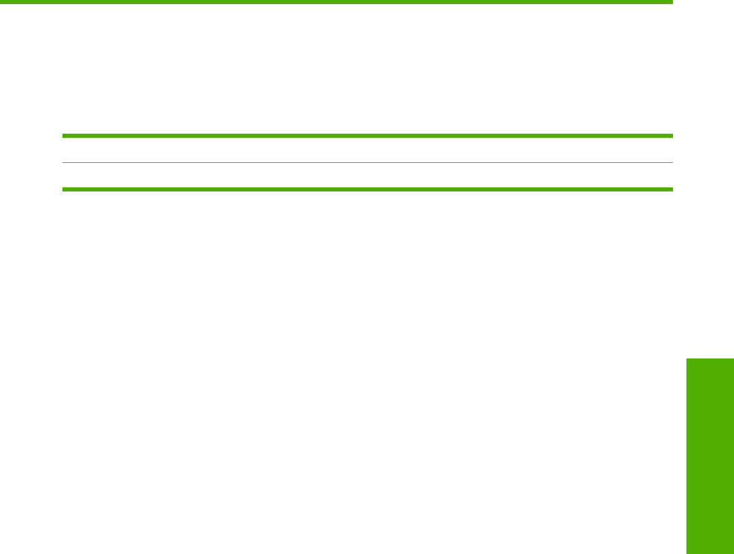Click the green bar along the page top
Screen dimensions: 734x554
336,2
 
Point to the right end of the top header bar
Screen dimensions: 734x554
671,2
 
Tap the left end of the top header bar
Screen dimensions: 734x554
1,2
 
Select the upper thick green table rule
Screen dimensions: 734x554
367,136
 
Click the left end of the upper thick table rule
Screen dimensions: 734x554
64,136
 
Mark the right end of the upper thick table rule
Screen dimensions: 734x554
672,136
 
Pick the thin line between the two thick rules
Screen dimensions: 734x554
367,162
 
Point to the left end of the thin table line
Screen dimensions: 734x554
64,162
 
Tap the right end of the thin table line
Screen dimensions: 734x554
672,162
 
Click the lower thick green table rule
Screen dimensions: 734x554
367,189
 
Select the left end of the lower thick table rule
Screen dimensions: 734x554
64,189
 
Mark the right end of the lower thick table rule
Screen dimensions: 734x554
672,189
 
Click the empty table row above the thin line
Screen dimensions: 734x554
367,149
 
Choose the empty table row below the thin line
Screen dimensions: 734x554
367,176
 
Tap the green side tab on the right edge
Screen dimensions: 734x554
710,456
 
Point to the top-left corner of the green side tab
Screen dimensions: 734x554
687,359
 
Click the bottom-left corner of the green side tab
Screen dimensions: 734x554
687,553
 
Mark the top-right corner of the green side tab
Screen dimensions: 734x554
733,359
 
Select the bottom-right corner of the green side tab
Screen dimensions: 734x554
733,553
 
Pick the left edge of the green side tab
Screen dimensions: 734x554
687,456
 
